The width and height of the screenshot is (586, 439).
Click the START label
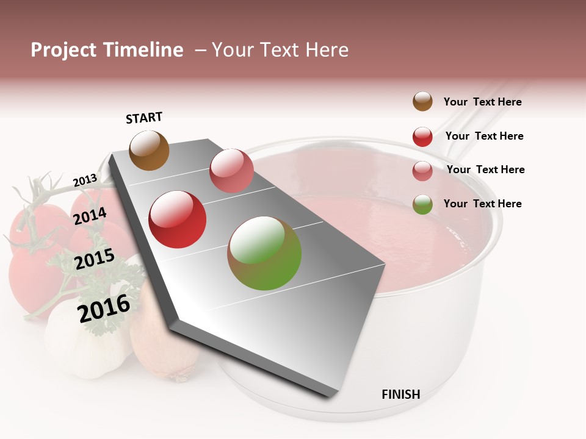(144, 118)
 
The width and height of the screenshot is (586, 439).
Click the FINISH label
(401, 394)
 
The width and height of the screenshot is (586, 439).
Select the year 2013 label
(85, 180)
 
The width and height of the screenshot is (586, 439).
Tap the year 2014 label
(90, 216)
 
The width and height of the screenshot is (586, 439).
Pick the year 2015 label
(94, 259)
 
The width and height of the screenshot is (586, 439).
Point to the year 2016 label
(104, 309)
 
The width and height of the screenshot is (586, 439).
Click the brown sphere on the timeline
(150, 150)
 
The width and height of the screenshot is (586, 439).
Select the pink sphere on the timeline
(231, 171)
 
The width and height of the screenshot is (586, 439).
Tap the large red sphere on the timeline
(178, 220)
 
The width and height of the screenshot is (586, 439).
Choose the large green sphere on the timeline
(264, 253)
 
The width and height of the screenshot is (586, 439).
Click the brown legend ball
(422, 102)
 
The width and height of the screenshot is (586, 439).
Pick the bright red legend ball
(422, 137)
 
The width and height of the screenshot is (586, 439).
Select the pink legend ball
(422, 171)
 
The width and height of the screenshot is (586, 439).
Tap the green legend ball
(422, 204)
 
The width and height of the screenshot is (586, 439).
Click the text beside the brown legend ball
(482, 102)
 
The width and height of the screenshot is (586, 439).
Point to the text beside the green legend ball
(482, 204)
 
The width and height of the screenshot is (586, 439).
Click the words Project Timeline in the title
(107, 50)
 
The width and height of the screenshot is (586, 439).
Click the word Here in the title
(327, 50)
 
